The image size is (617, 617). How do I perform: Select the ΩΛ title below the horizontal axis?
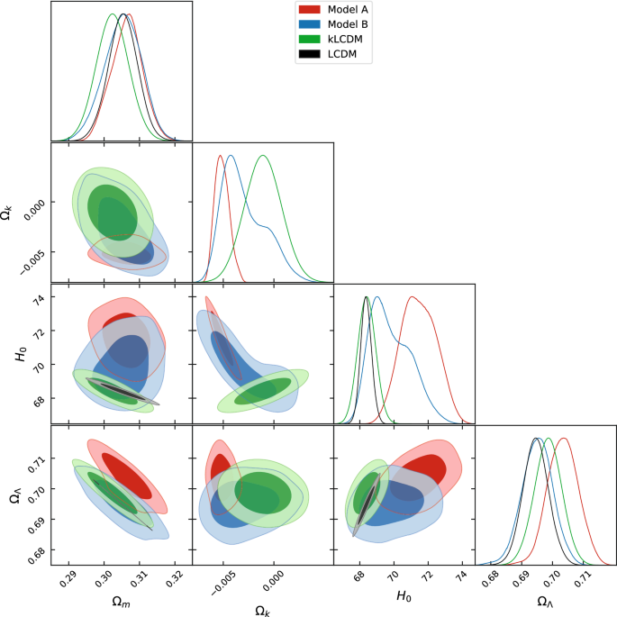pyautogui.click(x=545, y=602)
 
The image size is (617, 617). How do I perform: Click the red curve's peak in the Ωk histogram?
pyautogui.click(x=220, y=156)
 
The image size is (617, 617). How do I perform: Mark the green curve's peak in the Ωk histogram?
pyautogui.click(x=263, y=156)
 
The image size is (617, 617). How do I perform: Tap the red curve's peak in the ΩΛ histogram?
pyautogui.click(x=563, y=439)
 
